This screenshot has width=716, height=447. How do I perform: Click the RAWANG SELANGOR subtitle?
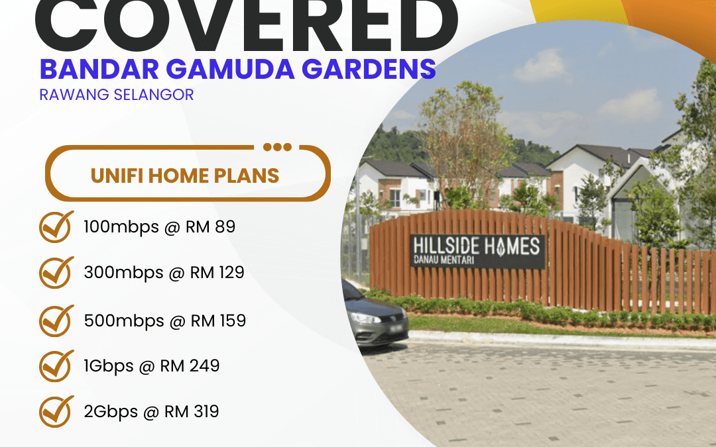(117, 95)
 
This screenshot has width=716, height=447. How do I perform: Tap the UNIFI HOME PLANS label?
(185, 175)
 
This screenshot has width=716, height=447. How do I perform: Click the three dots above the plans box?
(276, 147)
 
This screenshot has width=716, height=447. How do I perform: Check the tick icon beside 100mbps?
(57, 226)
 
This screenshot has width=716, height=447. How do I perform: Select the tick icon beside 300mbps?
(57, 272)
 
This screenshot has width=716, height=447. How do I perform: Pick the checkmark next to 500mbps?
(57, 321)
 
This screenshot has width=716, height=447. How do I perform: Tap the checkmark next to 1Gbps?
(57, 366)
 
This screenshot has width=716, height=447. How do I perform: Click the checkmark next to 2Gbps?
(57, 411)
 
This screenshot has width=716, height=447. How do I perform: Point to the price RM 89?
(213, 227)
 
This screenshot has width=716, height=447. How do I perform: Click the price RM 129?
(217, 272)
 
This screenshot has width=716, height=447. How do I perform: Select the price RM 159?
(218, 321)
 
